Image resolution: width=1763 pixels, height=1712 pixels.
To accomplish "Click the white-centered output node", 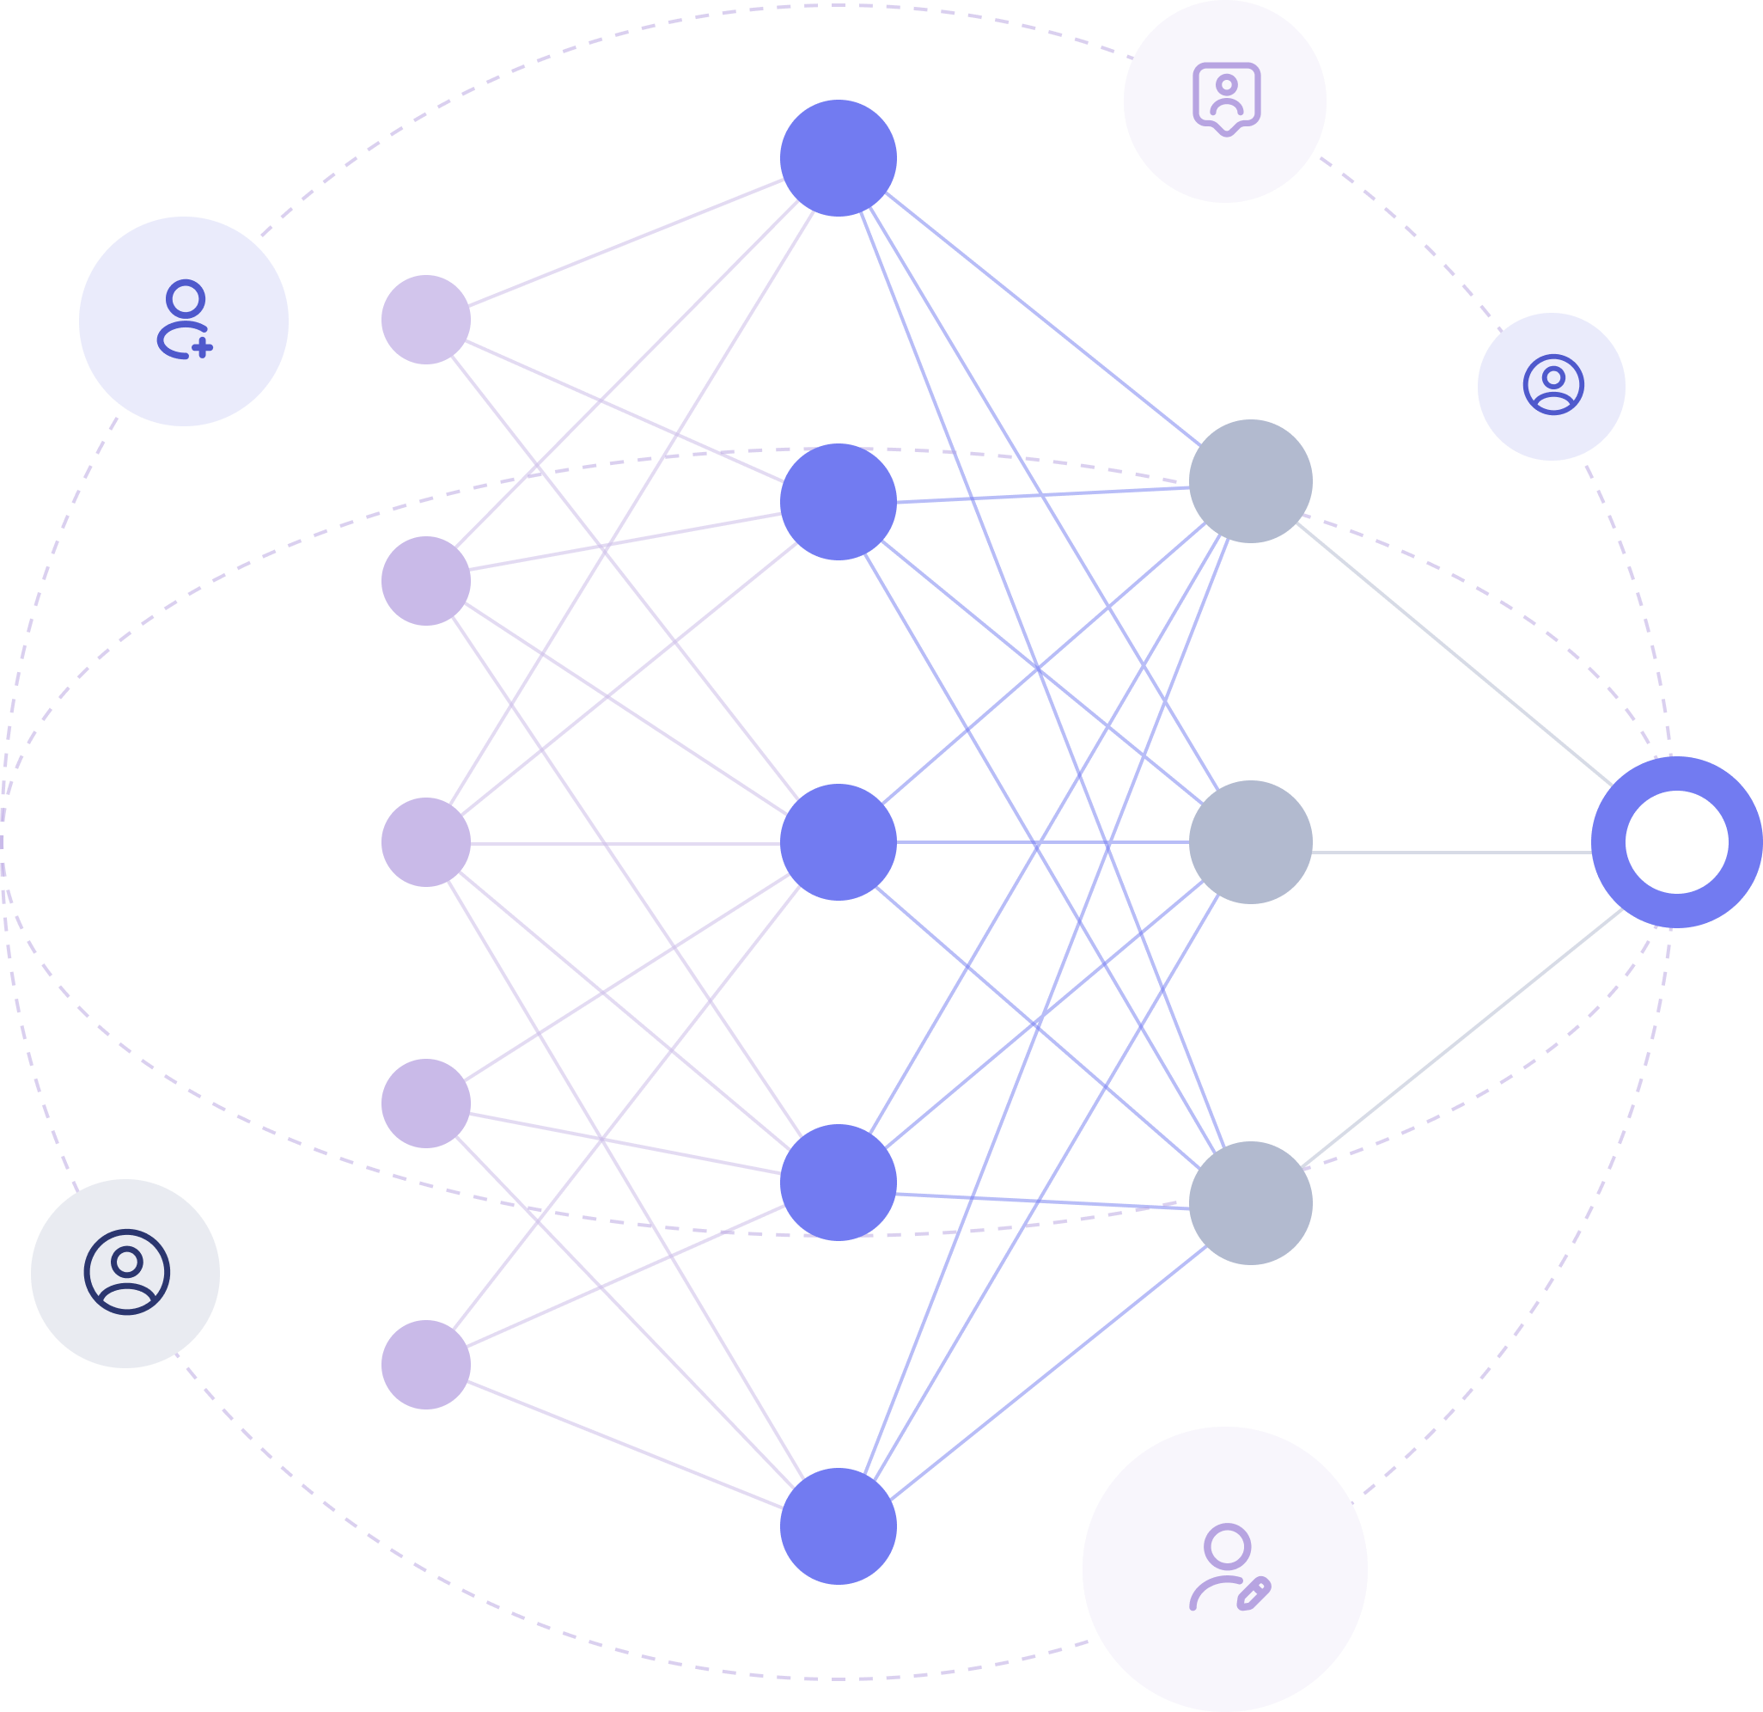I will tap(1675, 842).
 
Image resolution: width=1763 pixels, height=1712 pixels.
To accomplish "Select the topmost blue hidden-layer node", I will tap(839, 158).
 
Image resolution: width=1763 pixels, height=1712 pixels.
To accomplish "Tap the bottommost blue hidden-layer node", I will tap(839, 1526).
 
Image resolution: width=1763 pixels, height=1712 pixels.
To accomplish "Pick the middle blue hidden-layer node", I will tap(839, 842).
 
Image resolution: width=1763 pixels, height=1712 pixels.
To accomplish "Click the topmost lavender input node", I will tap(425, 320).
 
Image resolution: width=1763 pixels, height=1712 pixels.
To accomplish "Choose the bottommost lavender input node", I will tap(425, 1364).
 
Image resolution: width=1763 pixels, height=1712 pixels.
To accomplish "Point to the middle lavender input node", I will tap(425, 842).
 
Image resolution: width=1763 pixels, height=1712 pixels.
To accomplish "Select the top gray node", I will tap(1250, 481).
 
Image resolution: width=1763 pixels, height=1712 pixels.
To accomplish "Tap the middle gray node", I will tap(1250, 842).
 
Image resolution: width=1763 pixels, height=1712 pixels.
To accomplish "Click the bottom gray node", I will tap(1250, 1203).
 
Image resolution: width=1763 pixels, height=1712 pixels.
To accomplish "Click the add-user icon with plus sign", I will tap(185, 321).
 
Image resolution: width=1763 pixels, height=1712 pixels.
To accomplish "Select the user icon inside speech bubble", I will tap(1226, 98).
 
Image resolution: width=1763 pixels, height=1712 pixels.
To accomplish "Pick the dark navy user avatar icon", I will tap(127, 1272).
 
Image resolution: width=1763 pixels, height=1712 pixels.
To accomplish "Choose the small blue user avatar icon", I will tap(1553, 385).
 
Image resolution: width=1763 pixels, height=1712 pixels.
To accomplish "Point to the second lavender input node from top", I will tap(425, 581).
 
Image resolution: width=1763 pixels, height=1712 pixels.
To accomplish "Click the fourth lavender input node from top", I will tap(425, 1103).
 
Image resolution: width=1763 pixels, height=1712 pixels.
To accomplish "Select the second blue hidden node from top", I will tap(839, 502).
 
